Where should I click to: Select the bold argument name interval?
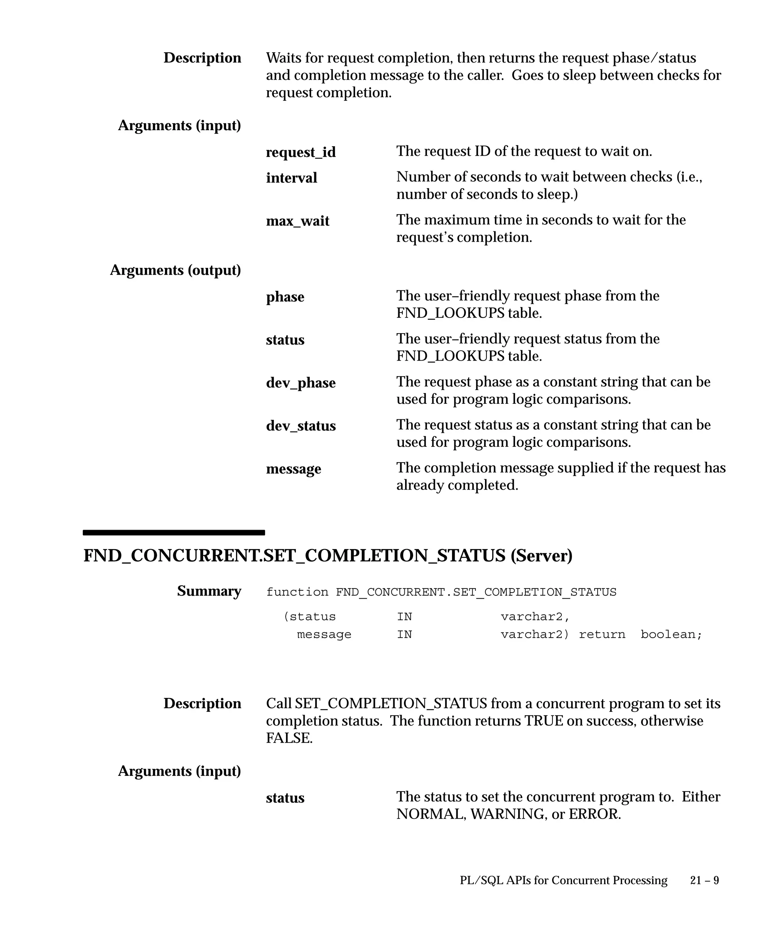[x=291, y=178]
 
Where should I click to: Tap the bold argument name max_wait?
[x=297, y=221]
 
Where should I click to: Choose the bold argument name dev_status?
[x=301, y=425]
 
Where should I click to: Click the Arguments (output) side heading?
[x=175, y=270]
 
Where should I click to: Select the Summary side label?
[x=209, y=591]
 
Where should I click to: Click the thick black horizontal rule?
[x=173, y=532]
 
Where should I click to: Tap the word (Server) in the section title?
[x=541, y=556]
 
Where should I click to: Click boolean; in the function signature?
[x=671, y=634]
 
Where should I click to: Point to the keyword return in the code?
[x=602, y=634]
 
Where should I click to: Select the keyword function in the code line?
[x=297, y=592]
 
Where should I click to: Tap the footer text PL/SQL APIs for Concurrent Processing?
[x=564, y=880]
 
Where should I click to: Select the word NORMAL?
[x=431, y=814]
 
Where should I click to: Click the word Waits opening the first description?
[x=283, y=58]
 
